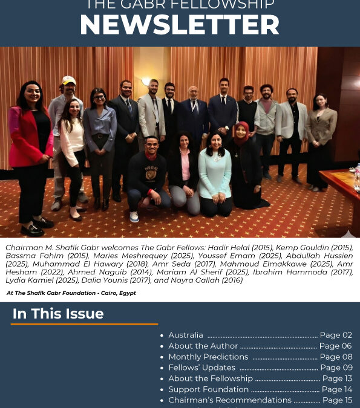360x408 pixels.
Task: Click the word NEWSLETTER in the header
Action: pos(180,25)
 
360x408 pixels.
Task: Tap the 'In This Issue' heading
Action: pos(58,314)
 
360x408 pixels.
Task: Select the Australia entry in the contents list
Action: pos(186,335)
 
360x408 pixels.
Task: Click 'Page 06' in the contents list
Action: pos(335,346)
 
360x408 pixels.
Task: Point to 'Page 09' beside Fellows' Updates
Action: pos(336,368)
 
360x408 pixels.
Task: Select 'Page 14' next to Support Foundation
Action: pos(336,389)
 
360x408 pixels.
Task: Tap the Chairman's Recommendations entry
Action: pos(230,400)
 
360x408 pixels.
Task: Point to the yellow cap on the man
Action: pos(69,80)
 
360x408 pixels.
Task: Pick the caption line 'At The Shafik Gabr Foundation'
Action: pos(71,293)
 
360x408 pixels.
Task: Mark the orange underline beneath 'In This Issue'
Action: pos(84,325)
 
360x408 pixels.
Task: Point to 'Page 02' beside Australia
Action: pos(336,335)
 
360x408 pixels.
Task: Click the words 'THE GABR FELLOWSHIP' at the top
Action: pos(180,5)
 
